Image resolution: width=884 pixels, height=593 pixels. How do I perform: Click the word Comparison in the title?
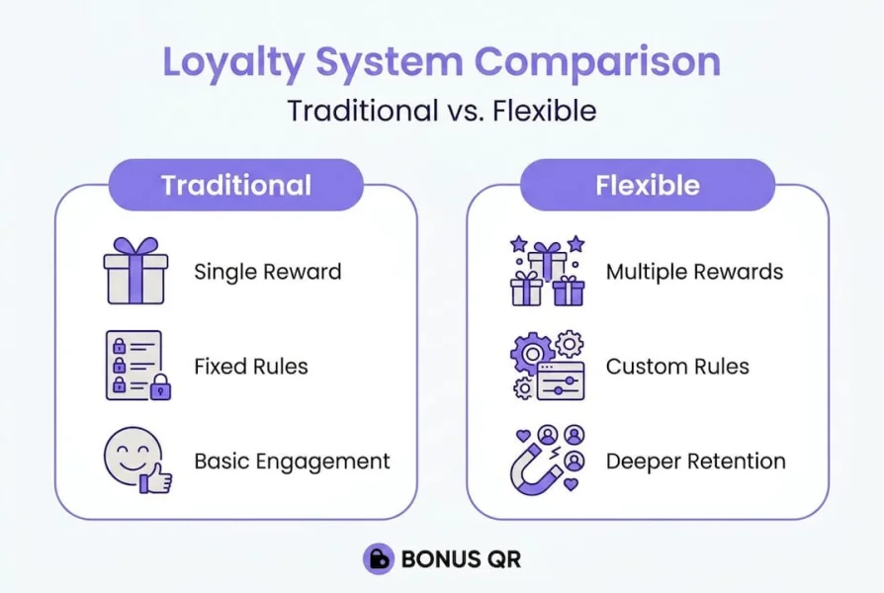pyautogui.click(x=596, y=61)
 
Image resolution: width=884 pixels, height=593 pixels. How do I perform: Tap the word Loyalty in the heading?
pyautogui.click(x=232, y=61)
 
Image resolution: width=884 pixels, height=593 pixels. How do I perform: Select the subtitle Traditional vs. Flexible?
pyautogui.click(x=441, y=111)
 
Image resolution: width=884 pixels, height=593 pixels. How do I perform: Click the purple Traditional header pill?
pyautogui.click(x=235, y=185)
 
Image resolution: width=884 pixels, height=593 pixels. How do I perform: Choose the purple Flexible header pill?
pyautogui.click(x=647, y=185)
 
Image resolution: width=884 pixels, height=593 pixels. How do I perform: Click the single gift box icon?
pyautogui.click(x=136, y=270)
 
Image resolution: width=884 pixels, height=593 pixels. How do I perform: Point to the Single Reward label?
pyautogui.click(x=267, y=272)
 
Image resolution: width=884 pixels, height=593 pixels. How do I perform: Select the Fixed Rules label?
pyautogui.click(x=250, y=367)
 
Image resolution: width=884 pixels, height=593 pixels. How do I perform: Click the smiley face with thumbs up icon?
pyautogui.click(x=136, y=460)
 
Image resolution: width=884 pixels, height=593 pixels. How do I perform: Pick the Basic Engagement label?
pyautogui.click(x=292, y=461)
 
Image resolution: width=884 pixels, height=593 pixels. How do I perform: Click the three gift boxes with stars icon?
pyautogui.click(x=547, y=270)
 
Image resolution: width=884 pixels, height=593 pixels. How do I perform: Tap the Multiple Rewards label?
pyautogui.click(x=694, y=272)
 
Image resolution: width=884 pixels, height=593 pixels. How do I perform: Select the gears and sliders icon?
pyautogui.click(x=547, y=366)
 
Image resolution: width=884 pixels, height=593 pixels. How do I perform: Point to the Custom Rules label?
pyautogui.click(x=677, y=367)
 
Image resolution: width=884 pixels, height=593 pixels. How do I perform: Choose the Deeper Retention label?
pyautogui.click(x=695, y=461)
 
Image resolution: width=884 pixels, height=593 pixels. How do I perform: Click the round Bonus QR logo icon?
pyautogui.click(x=378, y=559)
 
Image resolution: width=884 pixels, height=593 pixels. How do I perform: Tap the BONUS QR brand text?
pyautogui.click(x=461, y=559)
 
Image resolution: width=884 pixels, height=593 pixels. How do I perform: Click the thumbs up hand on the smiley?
pyautogui.click(x=157, y=479)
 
